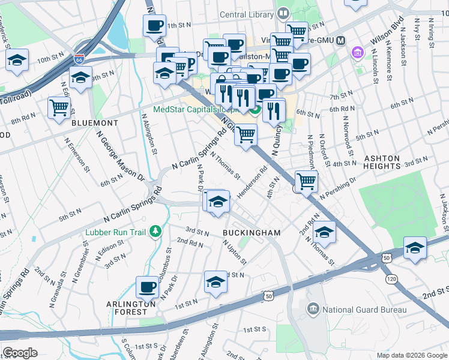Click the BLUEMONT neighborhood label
pos(94,122)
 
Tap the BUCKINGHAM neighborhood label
pos(252,232)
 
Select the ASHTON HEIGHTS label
pos(390,163)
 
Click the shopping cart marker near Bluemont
pos(59,109)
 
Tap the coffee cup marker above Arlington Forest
pos(147,287)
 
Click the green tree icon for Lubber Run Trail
pos(155,230)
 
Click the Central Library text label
pos(247,14)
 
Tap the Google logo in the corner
pos(20,353)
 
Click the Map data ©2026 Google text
pos(411,355)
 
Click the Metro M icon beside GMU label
pos(341,40)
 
